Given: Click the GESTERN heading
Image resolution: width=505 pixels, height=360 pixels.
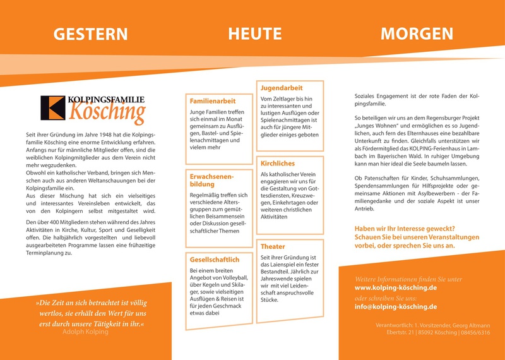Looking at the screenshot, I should pos(90,34).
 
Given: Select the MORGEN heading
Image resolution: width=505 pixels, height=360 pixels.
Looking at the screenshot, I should pos(417,33).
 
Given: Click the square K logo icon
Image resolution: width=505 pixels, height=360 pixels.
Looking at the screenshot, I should pos(52,108).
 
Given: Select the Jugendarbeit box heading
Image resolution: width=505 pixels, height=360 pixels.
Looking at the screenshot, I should pos(282,88).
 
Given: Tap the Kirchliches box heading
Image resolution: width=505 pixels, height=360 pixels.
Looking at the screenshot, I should pos(278,164).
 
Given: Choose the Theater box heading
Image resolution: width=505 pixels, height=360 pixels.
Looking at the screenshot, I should pos(273,246).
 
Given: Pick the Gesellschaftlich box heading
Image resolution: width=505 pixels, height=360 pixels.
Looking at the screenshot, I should pos(215,260).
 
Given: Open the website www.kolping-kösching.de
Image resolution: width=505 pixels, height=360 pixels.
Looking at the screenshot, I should pos(396,287).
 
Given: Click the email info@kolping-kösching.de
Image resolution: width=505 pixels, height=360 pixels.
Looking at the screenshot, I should pos(396,307).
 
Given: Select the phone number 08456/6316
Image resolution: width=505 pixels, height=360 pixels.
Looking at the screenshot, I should pos(474,332).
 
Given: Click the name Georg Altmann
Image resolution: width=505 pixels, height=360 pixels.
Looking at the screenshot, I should pos(468,325).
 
